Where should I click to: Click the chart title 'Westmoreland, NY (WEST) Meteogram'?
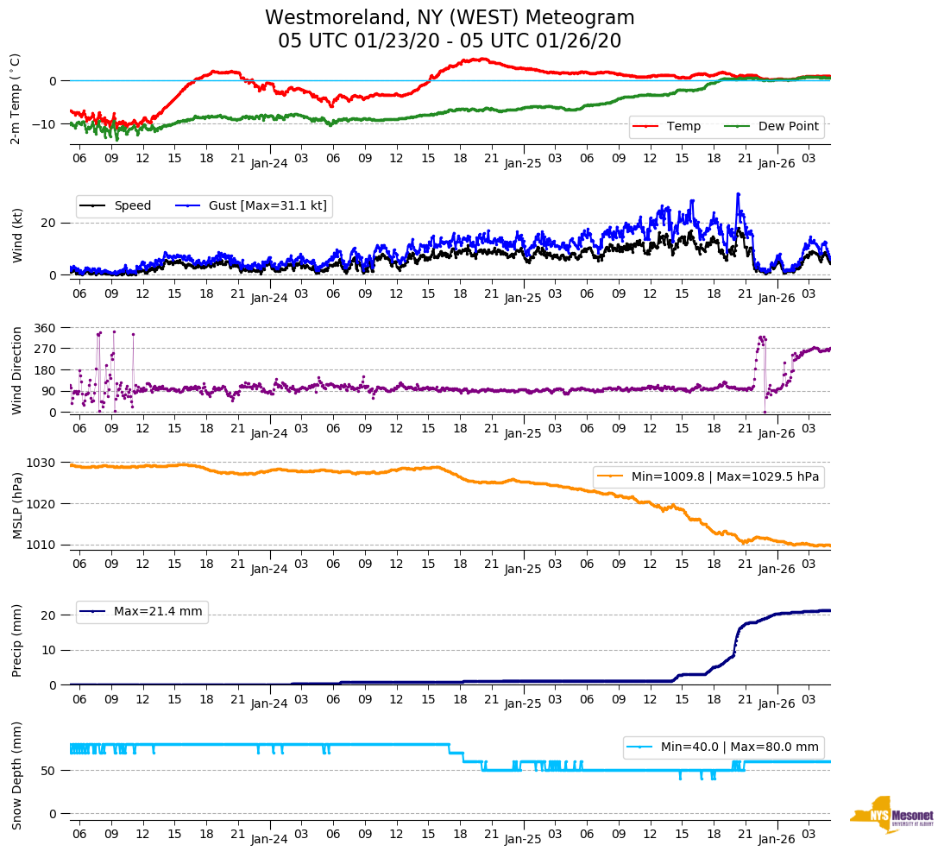coord(450,18)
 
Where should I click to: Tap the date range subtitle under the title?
coord(450,41)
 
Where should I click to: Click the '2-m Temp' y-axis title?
coord(16,98)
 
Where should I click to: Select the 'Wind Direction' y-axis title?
coord(17,370)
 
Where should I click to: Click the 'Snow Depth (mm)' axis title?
coord(17,775)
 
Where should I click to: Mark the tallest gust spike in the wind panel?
coord(738,193)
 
